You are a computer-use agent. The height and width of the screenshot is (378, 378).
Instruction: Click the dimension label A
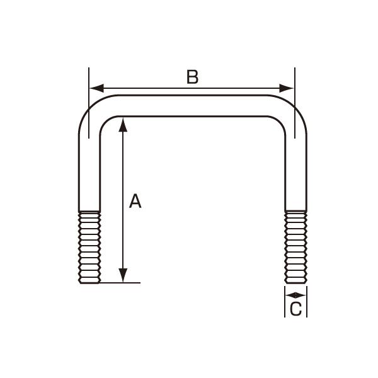pos(135,202)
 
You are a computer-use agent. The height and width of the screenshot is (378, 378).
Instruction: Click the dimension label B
pos(192,77)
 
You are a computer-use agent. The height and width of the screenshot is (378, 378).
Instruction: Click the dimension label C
pos(296,309)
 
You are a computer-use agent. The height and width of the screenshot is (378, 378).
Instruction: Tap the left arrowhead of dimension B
pos(95,88)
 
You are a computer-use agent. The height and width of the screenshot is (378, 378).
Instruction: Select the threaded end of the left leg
pos(89,247)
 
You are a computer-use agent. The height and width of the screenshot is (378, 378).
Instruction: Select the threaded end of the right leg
pos(295,247)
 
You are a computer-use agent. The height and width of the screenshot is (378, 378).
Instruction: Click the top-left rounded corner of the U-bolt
pos(92,111)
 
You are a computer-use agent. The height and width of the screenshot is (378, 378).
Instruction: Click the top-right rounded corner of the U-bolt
pos(293,111)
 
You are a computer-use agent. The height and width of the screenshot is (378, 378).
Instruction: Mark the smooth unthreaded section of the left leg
pos(89,170)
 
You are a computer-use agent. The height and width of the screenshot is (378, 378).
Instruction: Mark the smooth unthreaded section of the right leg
pos(295,170)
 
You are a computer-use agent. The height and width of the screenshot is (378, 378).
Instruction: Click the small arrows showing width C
pos(295,294)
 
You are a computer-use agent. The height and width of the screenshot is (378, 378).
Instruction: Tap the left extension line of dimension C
pos(285,302)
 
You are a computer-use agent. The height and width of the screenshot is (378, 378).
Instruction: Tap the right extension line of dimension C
pos(307,302)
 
